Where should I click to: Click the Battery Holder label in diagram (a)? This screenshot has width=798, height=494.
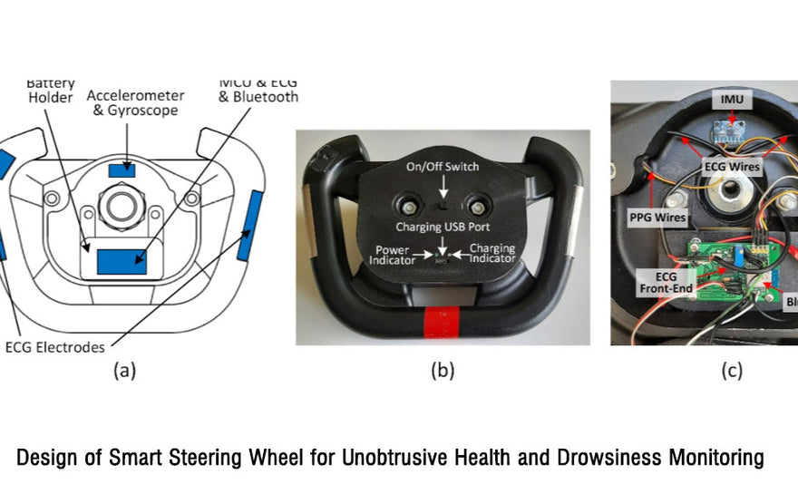click(51, 91)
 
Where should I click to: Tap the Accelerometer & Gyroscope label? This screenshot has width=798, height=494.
click(135, 102)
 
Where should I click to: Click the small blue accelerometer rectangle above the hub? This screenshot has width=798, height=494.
click(121, 170)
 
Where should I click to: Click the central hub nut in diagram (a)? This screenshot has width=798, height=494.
click(120, 205)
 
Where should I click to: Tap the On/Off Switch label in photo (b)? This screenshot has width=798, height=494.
click(443, 167)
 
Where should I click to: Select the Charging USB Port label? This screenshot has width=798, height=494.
click(443, 226)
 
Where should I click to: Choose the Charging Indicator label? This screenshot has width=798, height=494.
click(492, 253)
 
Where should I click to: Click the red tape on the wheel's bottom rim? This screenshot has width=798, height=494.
click(443, 322)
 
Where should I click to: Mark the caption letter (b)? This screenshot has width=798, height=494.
click(442, 370)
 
